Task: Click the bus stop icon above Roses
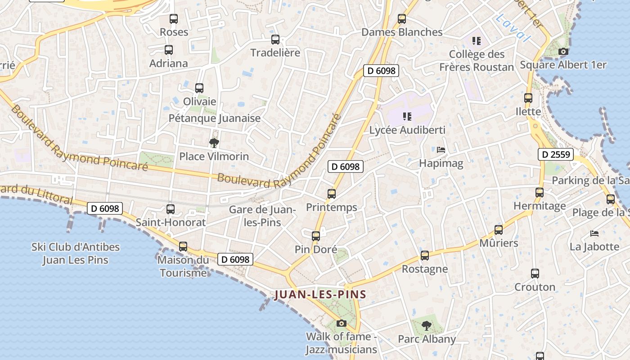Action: pyautogui.click(x=174, y=19)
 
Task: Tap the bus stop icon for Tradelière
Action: pyautogui.click(x=275, y=40)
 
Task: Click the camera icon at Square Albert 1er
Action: pyautogui.click(x=563, y=52)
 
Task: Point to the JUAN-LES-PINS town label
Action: pyautogui.click(x=320, y=295)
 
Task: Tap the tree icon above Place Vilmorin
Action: pyautogui.click(x=214, y=143)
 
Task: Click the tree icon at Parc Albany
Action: pyautogui.click(x=427, y=325)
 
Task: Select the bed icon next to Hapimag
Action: pyautogui.click(x=441, y=150)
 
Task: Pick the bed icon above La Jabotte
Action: pyautogui.click(x=594, y=234)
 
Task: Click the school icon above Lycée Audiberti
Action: pyautogui.click(x=407, y=117)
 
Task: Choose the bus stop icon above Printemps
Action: pyautogui.click(x=332, y=194)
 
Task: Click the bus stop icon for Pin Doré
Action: pyautogui.click(x=316, y=236)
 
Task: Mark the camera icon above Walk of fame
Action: pyautogui.click(x=342, y=323)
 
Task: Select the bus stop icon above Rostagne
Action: pyautogui.click(x=425, y=256)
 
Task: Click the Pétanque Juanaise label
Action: pyautogui.click(x=215, y=118)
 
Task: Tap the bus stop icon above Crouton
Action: pyautogui.click(x=535, y=274)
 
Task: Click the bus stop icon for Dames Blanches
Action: pyautogui.click(x=402, y=19)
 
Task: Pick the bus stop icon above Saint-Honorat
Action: pyautogui.click(x=171, y=209)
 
